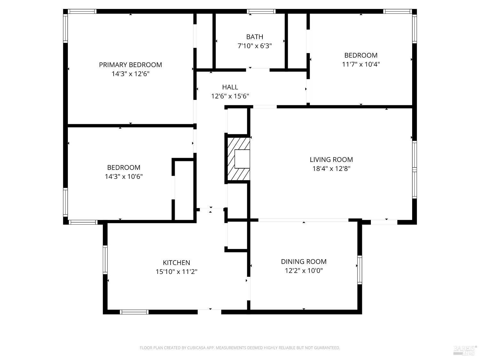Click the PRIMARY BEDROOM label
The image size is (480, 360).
click(130, 65)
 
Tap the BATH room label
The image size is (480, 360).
click(254, 37)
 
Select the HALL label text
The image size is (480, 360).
click(230, 87)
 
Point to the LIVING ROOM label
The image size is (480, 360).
click(331, 160)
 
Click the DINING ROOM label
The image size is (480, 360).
click(304, 262)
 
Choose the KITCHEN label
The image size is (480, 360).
click(176, 263)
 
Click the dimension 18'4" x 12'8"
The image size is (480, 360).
click(331, 169)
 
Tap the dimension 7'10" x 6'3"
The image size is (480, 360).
click(254, 46)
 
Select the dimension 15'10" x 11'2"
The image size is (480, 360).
click(176, 272)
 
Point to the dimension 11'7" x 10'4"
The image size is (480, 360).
click(361, 64)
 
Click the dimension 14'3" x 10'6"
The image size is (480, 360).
click(124, 177)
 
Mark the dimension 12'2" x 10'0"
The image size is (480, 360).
click(304, 271)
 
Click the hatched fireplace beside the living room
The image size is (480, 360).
click(238, 159)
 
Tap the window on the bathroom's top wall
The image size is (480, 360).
click(261, 12)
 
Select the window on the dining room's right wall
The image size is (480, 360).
click(360, 270)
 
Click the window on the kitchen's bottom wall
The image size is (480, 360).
click(134, 312)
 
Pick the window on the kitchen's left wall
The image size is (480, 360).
click(105, 260)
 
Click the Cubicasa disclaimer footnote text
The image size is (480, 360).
click(240, 348)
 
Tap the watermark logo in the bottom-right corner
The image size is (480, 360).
click(465, 351)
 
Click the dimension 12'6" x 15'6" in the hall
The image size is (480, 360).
click(230, 96)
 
